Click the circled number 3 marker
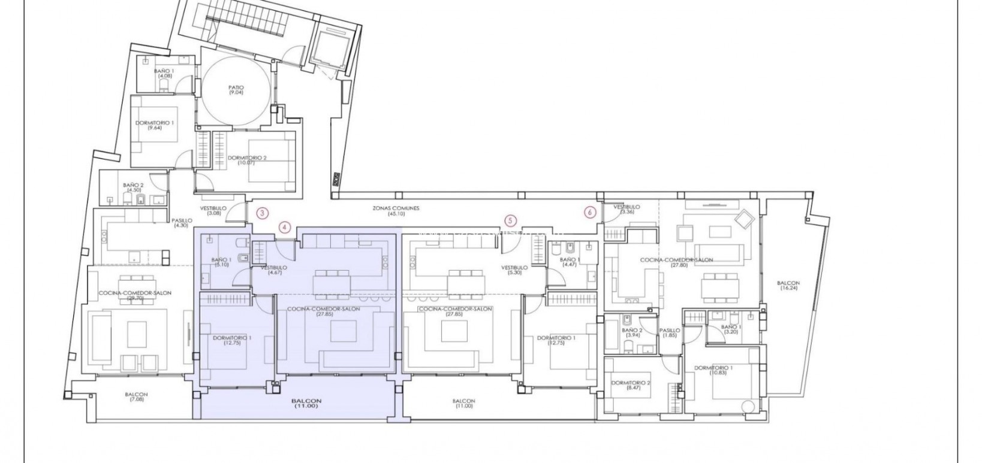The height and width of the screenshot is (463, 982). [262, 212]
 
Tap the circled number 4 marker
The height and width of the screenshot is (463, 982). [285, 227]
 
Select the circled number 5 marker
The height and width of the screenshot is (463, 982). [510, 220]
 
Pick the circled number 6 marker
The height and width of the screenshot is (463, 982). [591, 212]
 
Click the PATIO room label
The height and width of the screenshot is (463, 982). [236, 90]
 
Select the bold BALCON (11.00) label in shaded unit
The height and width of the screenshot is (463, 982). [307, 404]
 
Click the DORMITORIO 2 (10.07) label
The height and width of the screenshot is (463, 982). [247, 160]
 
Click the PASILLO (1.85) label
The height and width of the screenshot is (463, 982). [670, 333]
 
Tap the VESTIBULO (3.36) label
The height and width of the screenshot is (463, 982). [627, 209]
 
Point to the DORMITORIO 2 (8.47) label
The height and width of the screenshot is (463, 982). [630, 385]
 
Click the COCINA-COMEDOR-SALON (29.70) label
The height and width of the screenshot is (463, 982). [135, 295]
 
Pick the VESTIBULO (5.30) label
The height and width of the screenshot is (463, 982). [514, 270]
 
